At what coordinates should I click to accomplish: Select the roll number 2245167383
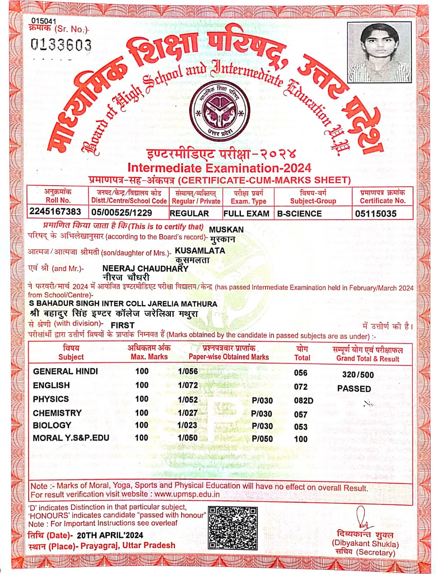click(55, 212)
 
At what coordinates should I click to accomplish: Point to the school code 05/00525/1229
click(122, 213)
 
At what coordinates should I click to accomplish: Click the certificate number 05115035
click(375, 214)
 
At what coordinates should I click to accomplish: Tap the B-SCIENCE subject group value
click(299, 213)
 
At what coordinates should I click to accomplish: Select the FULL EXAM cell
click(246, 213)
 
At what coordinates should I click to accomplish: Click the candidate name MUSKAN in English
click(227, 230)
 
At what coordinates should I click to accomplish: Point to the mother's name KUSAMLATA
click(200, 251)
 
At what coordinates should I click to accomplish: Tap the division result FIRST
click(122, 325)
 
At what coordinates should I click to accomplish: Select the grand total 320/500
click(358, 375)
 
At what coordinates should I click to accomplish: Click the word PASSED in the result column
click(354, 388)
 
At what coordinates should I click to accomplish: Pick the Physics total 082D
click(303, 400)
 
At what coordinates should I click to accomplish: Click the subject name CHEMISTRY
click(57, 413)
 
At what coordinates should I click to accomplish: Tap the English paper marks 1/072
click(187, 385)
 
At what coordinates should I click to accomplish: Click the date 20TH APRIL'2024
click(110, 535)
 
